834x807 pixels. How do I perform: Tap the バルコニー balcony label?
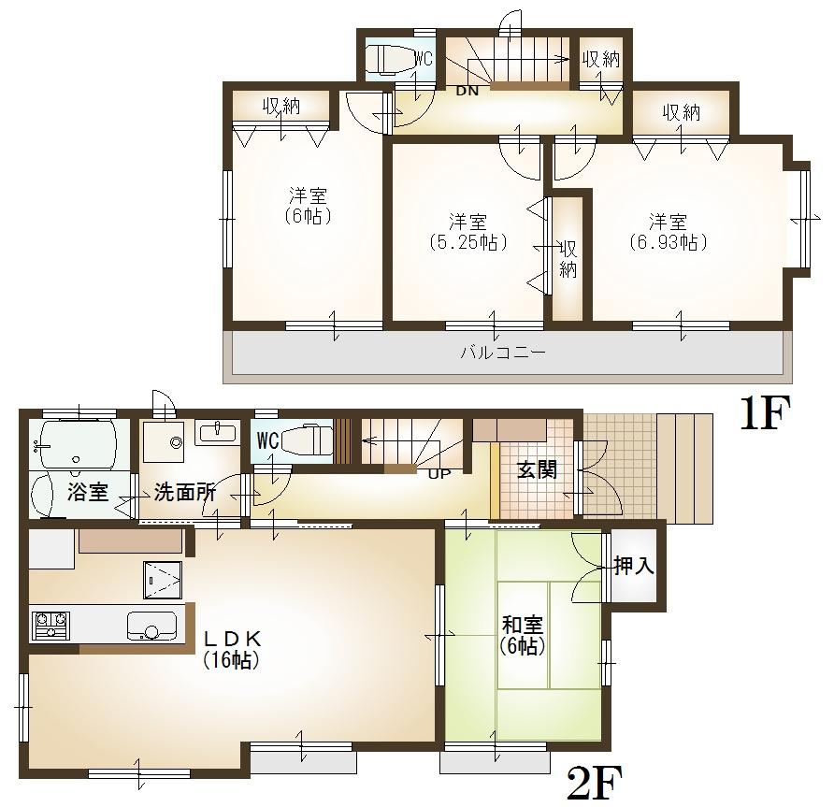click(x=502, y=353)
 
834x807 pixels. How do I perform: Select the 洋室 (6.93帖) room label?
click(x=668, y=232)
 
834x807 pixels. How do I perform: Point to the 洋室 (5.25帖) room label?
click(x=467, y=232)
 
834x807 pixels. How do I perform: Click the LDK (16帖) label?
click(x=231, y=649)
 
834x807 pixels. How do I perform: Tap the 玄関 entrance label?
click(x=537, y=469)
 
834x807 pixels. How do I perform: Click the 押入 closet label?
click(x=634, y=566)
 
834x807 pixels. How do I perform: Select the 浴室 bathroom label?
click(x=89, y=492)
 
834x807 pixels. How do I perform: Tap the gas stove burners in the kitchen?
click(x=50, y=624)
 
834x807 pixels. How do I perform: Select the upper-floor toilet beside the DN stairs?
click(x=387, y=59)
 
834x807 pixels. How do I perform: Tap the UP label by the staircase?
click(x=437, y=473)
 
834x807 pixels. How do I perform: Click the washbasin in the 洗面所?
click(x=218, y=432)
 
